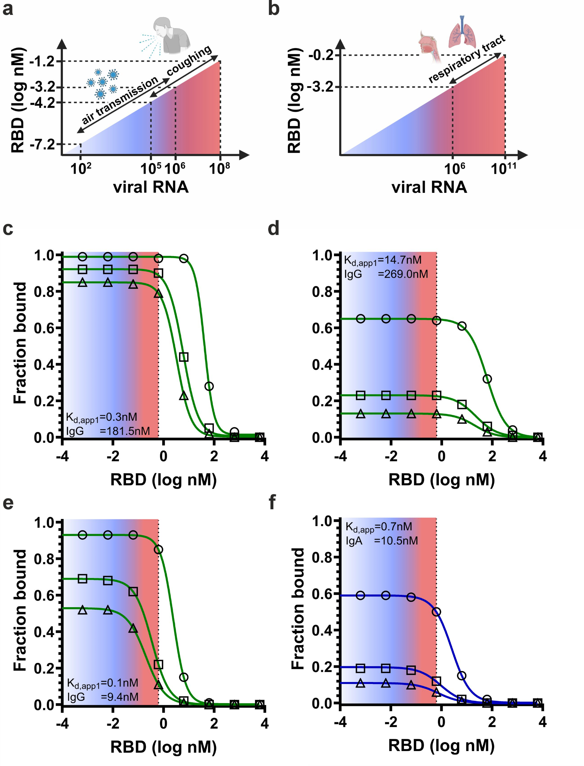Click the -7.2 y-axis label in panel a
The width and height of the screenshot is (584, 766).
(x=42, y=144)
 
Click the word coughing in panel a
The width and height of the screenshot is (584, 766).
(x=189, y=61)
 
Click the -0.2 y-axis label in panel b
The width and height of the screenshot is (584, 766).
(x=321, y=55)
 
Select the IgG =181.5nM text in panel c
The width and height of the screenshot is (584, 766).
(x=108, y=431)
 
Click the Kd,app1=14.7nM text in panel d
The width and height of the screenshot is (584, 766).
(x=383, y=261)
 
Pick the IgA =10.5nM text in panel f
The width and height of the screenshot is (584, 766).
(x=382, y=541)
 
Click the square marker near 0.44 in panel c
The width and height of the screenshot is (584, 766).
(x=184, y=357)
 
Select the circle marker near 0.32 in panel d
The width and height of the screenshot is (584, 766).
(x=487, y=379)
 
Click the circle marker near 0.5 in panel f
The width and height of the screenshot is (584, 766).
(x=436, y=612)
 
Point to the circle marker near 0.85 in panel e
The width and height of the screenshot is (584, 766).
(x=158, y=550)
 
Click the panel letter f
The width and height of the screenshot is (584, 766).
(x=272, y=503)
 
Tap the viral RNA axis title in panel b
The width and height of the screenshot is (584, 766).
(x=429, y=187)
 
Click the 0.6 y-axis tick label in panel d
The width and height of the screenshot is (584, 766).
(x=322, y=328)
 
